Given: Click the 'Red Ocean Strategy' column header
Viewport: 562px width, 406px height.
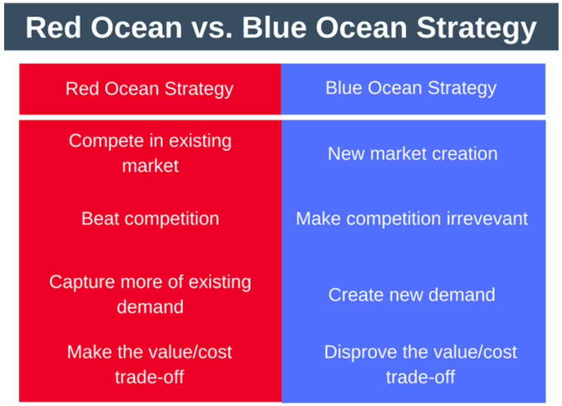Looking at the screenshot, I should click(149, 89).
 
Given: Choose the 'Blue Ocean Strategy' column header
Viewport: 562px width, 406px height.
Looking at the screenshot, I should click(411, 88).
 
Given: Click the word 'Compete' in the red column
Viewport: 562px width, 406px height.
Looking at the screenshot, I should click(104, 141).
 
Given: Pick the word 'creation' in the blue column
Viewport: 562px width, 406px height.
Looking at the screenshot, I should click(464, 153).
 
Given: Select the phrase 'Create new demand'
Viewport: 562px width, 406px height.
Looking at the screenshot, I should click(412, 294).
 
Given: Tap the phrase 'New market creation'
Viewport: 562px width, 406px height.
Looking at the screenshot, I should click(412, 153).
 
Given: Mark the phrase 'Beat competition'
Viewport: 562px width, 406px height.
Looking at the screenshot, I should click(150, 219).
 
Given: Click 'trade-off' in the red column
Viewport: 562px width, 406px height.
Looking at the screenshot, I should click(150, 377).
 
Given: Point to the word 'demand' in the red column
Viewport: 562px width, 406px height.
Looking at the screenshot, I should click(150, 306).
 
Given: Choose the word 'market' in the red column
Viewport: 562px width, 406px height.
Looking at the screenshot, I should click(150, 166).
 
